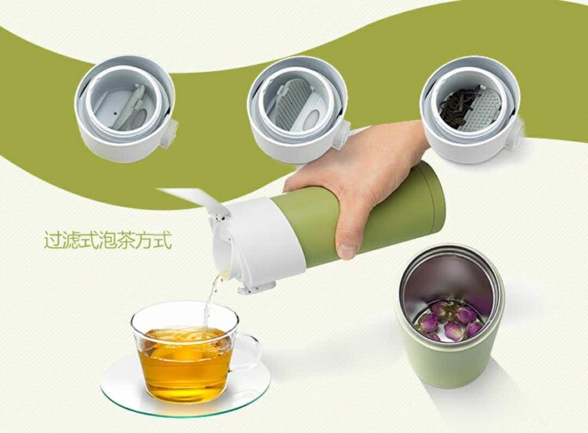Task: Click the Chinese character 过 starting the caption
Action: tap(55, 240)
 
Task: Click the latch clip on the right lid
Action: tap(517, 134)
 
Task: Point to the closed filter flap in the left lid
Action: tap(130, 107)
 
